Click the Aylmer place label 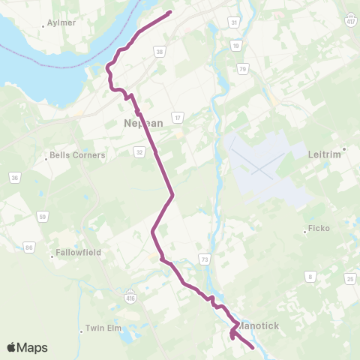[x=63, y=23]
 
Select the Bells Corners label [x=77, y=156]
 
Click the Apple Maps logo [x=27, y=347]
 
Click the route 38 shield [x=159, y=51]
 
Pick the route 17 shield [x=177, y=117]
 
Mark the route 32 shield [x=140, y=151]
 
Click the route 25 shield [x=349, y=279]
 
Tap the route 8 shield [x=310, y=276]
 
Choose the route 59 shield [x=43, y=217]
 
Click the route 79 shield [x=242, y=69]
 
